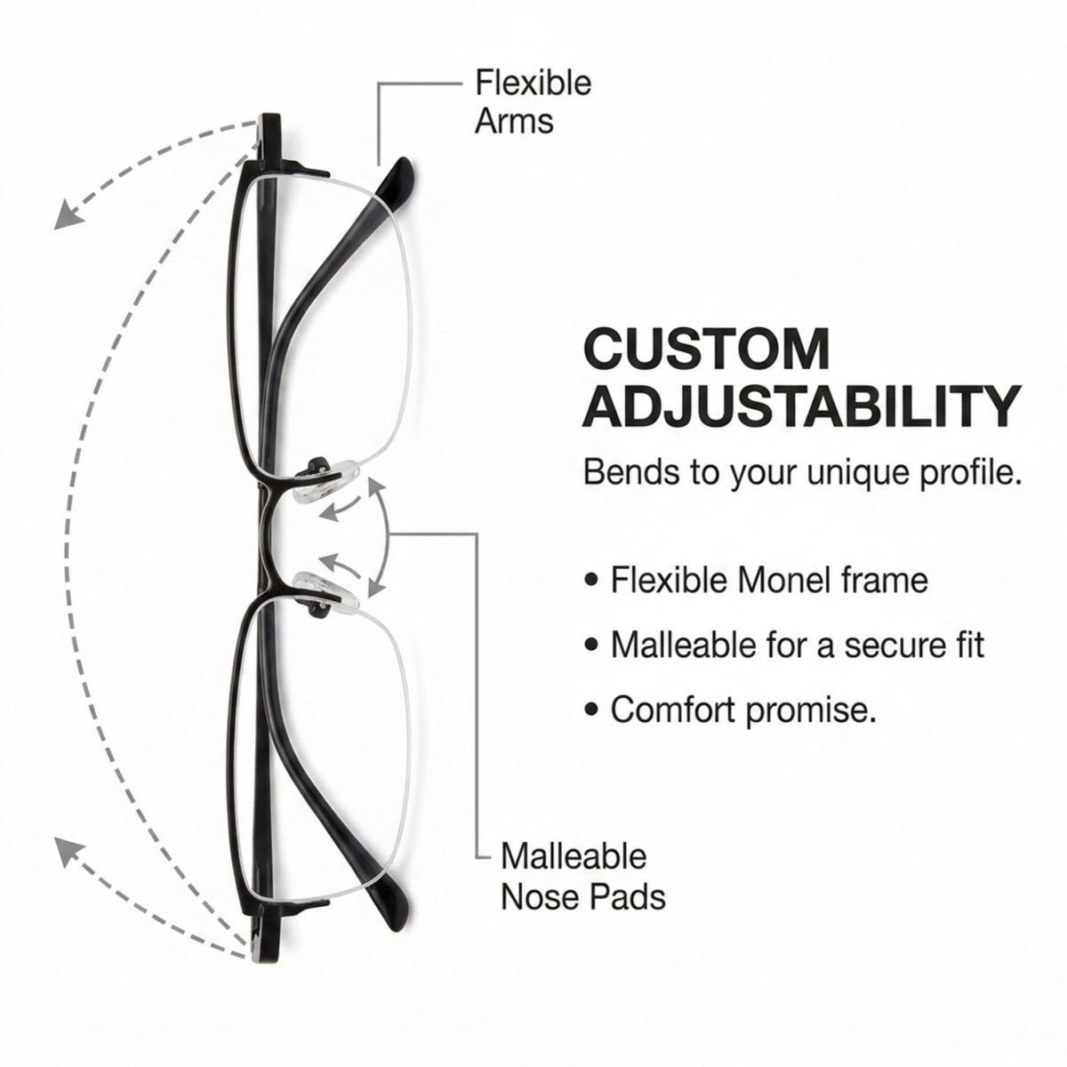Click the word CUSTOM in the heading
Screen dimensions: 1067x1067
(x=707, y=350)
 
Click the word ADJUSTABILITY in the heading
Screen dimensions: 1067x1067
(x=802, y=407)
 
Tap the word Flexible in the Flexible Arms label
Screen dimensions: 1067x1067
(x=533, y=83)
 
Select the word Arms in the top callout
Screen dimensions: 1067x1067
(x=514, y=121)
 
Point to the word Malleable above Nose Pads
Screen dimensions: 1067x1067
(x=574, y=856)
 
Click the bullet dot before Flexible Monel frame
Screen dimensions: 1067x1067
(x=592, y=581)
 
